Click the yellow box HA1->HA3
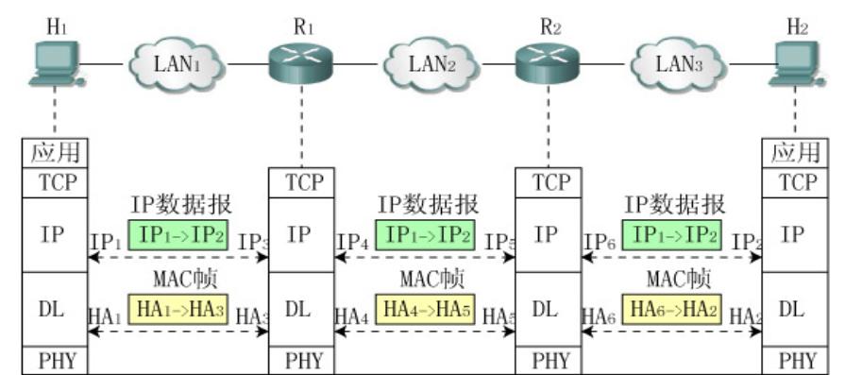pos(180,309)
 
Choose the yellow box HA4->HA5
pos(427,309)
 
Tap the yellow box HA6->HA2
pos(674,309)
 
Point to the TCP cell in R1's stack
pos(299,183)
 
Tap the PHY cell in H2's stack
pos(795,361)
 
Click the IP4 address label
pos(351,243)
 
